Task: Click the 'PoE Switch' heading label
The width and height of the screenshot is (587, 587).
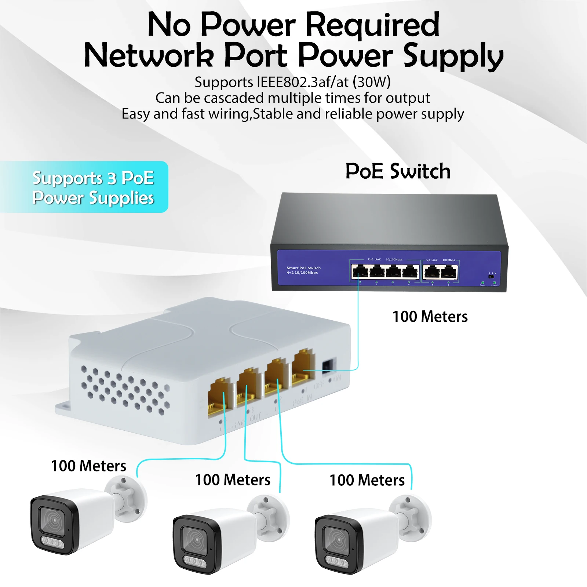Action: (398, 171)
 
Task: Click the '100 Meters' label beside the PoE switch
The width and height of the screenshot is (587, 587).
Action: (430, 317)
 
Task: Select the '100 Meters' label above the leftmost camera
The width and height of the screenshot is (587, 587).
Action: (88, 466)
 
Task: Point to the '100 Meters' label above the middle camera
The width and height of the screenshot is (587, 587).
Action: (233, 480)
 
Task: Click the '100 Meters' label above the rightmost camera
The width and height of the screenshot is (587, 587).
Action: (367, 480)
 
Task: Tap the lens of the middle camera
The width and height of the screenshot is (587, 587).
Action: (195, 540)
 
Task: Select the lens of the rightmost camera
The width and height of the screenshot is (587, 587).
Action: (337, 540)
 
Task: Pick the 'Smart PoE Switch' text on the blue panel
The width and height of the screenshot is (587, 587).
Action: (303, 268)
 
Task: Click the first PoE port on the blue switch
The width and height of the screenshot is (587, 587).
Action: (360, 272)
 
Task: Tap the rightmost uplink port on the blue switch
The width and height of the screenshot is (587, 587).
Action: (449, 272)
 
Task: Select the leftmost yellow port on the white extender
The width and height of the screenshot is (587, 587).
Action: (220, 398)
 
